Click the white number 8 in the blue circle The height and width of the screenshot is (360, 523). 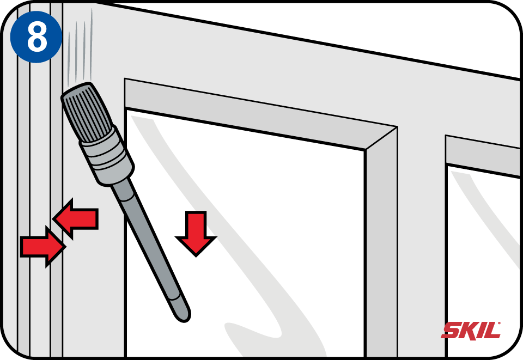(x=37, y=38)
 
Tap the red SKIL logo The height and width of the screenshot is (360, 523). (x=471, y=331)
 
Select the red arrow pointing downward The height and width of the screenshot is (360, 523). (x=196, y=233)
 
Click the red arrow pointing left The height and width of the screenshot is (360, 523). (x=76, y=218)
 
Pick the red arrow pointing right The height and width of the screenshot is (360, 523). (x=42, y=247)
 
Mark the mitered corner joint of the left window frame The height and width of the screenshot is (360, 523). (x=381, y=138)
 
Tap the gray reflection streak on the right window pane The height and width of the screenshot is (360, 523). (x=484, y=213)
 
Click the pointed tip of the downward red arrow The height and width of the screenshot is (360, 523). (x=196, y=257)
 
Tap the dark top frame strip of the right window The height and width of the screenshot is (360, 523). (x=484, y=156)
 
